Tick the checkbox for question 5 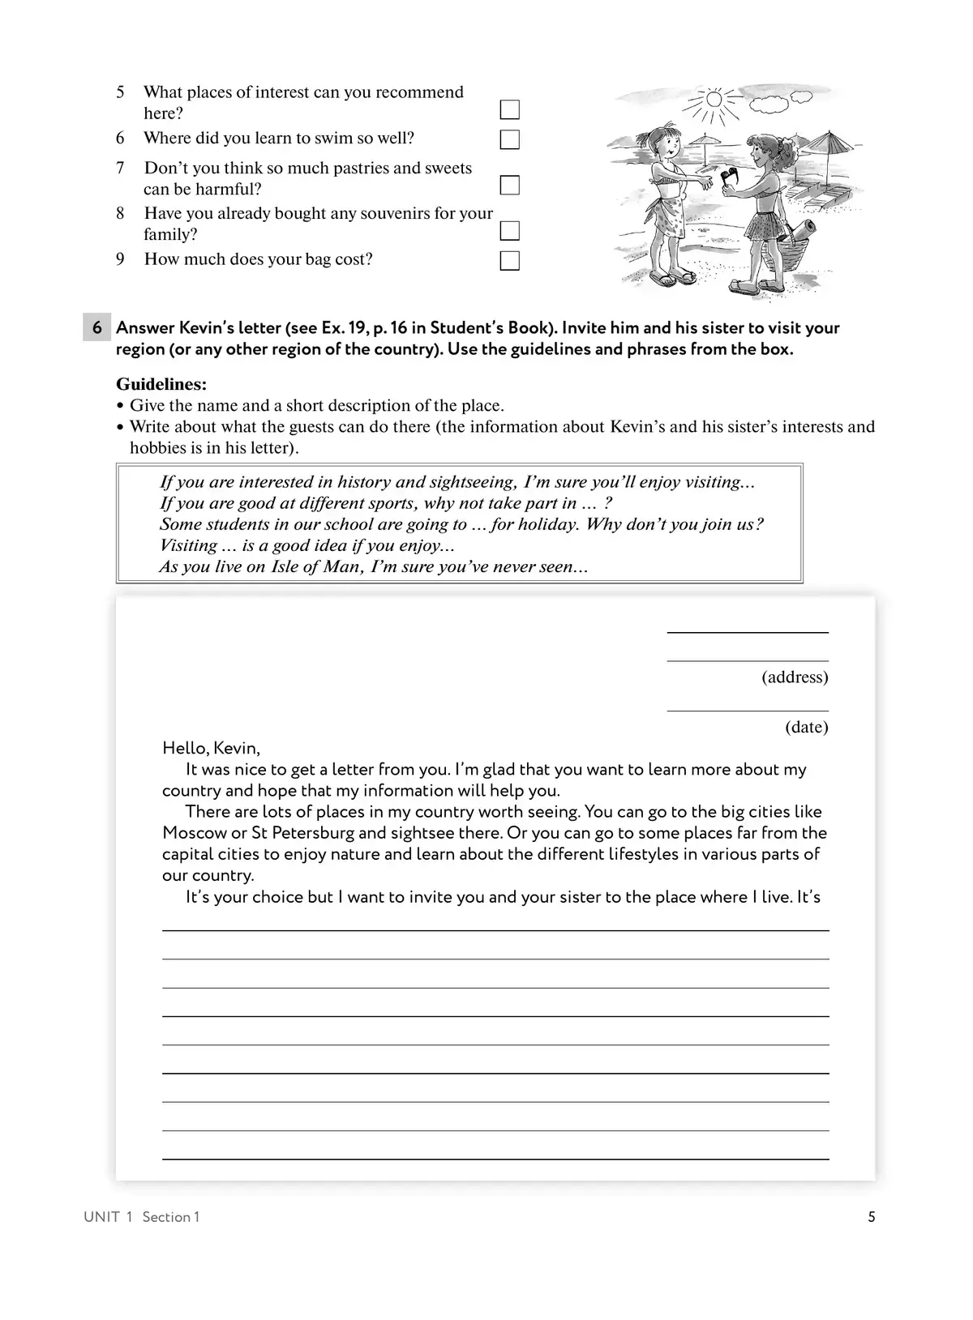click(509, 109)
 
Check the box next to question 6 click(509, 139)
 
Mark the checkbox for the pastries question click(509, 186)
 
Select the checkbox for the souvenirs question click(509, 231)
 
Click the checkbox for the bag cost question click(509, 261)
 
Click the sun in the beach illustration click(714, 100)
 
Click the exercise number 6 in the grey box click(97, 328)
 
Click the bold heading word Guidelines click(161, 384)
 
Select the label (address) click(795, 677)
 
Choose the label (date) click(806, 727)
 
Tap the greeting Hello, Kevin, click(211, 748)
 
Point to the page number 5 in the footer click(872, 1216)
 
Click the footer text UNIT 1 click(107, 1217)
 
